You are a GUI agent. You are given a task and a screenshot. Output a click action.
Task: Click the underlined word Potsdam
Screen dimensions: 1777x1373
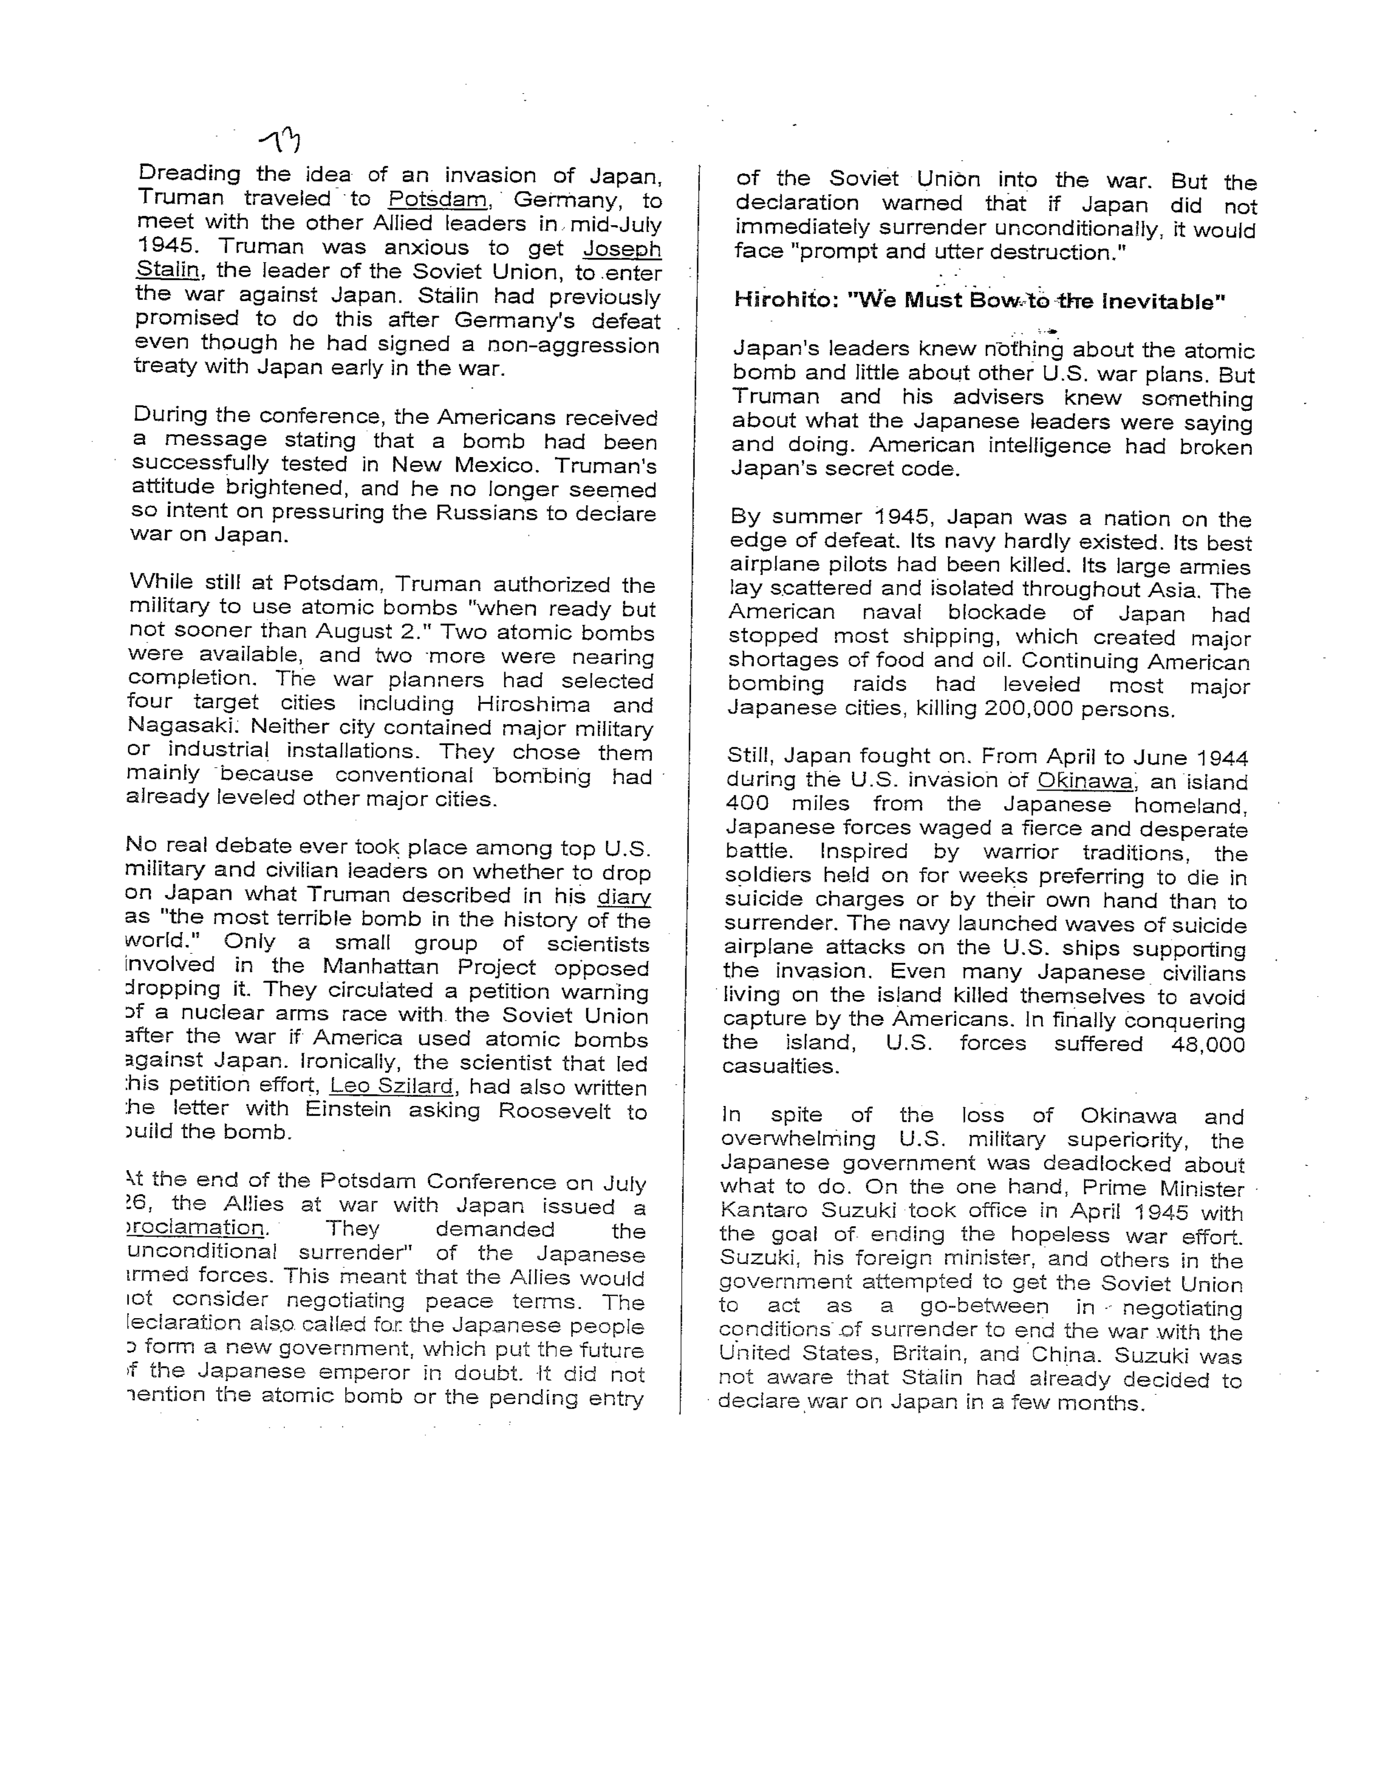[x=438, y=199]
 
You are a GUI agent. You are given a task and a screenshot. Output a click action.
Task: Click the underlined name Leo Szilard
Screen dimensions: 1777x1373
[x=391, y=1086]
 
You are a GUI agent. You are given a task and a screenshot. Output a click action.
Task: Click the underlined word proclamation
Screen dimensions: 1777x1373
[x=196, y=1227]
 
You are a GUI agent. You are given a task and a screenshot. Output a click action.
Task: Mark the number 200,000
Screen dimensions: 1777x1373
[x=1028, y=709]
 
